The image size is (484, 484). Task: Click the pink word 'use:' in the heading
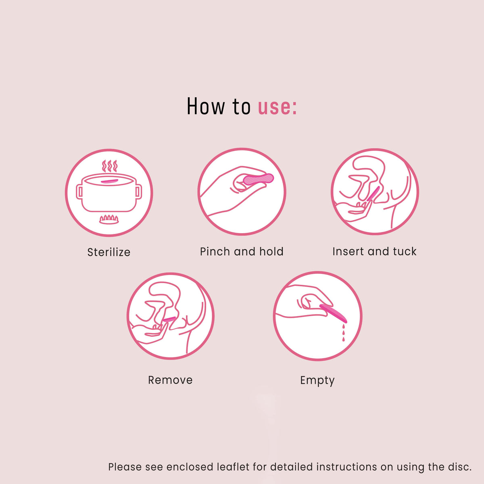click(x=277, y=107)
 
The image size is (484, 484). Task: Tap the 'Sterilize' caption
click(x=109, y=252)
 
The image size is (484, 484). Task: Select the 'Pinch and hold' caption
click(x=242, y=252)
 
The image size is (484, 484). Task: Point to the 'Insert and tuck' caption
click(x=374, y=252)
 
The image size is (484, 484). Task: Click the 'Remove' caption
click(x=170, y=380)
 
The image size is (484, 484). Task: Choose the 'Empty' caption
click(x=317, y=380)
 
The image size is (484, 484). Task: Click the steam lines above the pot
click(x=109, y=166)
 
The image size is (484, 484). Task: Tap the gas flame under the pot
click(x=109, y=219)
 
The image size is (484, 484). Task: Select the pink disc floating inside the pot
click(x=109, y=181)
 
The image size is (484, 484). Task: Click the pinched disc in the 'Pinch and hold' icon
click(x=258, y=179)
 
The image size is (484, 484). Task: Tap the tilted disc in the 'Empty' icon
click(x=334, y=314)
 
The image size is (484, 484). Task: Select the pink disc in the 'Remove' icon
click(x=169, y=319)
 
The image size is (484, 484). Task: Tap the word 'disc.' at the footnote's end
click(x=459, y=467)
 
